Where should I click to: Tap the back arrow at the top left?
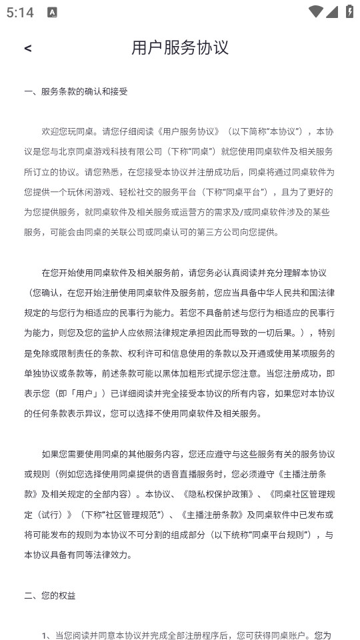point(27,48)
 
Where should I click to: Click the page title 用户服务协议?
point(180,47)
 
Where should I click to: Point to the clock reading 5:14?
point(20,13)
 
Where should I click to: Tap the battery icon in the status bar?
point(349,12)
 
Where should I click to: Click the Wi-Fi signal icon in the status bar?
point(315,12)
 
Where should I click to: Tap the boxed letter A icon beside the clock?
point(52,13)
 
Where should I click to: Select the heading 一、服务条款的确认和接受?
point(76,91)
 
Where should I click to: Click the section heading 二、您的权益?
point(50,595)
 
